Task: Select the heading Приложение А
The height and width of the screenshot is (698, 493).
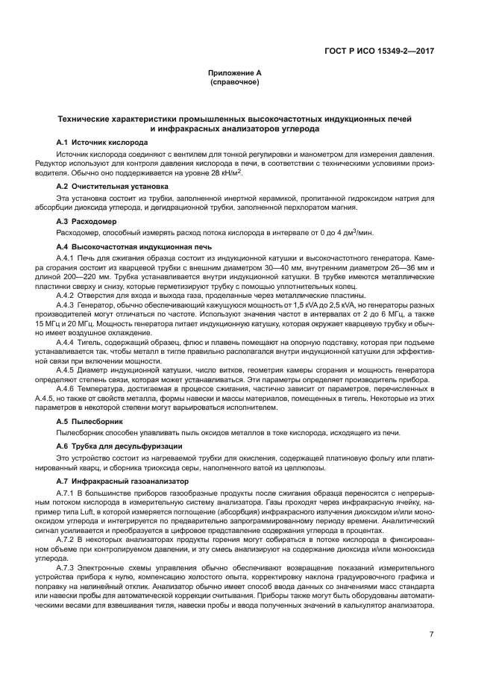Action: point(234,73)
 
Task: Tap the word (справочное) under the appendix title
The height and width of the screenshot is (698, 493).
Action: point(234,81)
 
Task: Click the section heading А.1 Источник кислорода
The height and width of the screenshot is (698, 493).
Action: point(102,142)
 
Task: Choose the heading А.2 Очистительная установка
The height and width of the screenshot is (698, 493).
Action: point(112,186)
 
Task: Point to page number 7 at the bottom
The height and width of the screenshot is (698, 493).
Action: point(431,634)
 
